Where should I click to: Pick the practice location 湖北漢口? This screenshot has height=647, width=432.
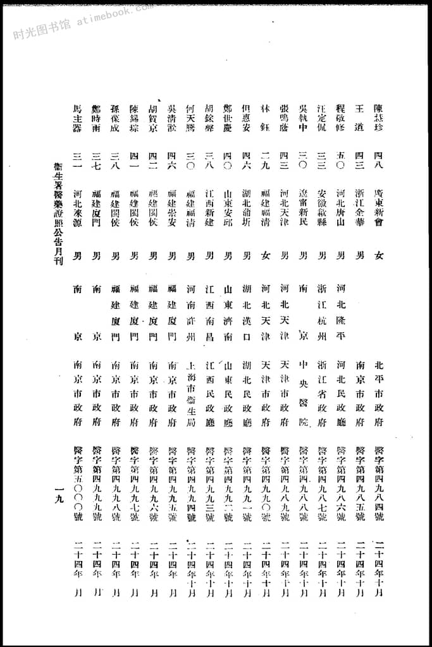click(x=247, y=314)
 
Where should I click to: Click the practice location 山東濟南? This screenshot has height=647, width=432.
click(x=228, y=314)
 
